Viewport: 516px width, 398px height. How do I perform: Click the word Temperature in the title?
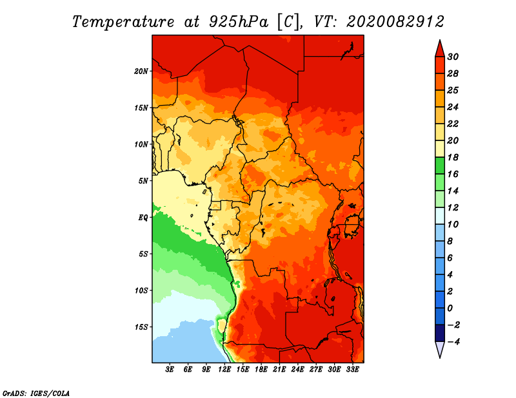(x=123, y=22)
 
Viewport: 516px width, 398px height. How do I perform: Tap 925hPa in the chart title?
(x=239, y=22)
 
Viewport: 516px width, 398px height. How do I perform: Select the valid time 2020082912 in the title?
(x=395, y=22)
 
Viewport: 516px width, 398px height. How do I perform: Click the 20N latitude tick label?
(x=141, y=71)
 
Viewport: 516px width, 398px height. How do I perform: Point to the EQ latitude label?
(x=143, y=218)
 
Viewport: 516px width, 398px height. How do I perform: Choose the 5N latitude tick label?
(x=143, y=181)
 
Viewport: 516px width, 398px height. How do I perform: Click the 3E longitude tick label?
(x=170, y=370)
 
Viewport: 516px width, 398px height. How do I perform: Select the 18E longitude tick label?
(x=261, y=370)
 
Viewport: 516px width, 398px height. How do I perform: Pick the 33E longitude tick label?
(x=352, y=370)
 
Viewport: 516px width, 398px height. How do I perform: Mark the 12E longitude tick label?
(x=224, y=370)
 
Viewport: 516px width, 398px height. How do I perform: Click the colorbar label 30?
(x=453, y=57)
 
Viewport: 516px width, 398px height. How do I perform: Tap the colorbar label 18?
(x=453, y=157)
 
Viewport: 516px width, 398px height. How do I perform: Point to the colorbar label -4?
(x=453, y=342)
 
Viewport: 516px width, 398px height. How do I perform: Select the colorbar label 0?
(x=450, y=308)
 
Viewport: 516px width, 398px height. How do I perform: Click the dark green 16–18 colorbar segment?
(x=440, y=166)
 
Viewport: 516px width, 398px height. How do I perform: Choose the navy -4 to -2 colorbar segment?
(x=440, y=333)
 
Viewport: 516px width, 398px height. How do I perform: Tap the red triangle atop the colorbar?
(x=440, y=50)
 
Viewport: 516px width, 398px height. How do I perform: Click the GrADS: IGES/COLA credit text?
(x=36, y=393)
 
